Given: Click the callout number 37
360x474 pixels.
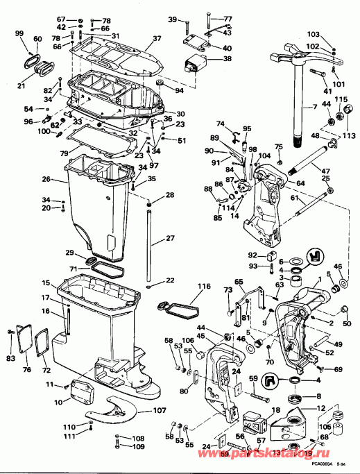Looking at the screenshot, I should (x=157, y=38).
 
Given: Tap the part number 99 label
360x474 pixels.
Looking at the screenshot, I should (x=19, y=34).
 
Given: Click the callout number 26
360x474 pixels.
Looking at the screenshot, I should (x=45, y=179).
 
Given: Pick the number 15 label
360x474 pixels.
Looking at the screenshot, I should (x=45, y=283).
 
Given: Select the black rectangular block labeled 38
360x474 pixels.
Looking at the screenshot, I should (x=196, y=65).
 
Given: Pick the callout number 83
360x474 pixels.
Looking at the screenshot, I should (x=10, y=358).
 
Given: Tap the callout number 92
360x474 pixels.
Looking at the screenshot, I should (x=252, y=255).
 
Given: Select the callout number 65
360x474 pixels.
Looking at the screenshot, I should (x=239, y=282).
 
